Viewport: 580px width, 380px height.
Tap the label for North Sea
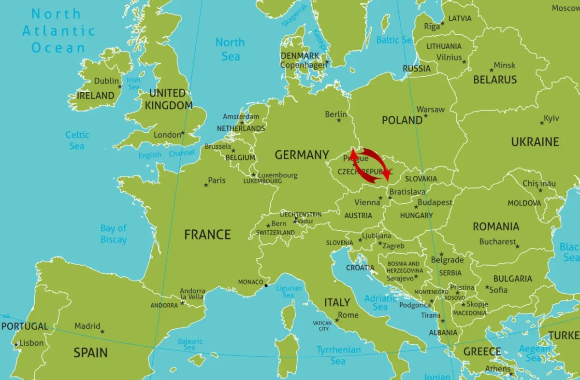coord(230,49)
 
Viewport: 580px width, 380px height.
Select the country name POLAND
coord(402,120)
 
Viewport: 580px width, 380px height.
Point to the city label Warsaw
coord(430,110)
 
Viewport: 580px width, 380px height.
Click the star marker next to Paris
coord(206,185)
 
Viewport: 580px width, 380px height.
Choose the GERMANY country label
coord(302,155)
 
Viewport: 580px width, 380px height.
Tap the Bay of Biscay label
coord(114,234)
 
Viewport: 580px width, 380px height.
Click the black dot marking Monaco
coord(266,285)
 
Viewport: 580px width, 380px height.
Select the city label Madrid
coord(87,326)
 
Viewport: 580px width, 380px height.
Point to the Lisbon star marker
coord(16,345)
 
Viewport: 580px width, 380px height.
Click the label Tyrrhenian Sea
coord(338,355)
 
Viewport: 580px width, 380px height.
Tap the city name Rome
coord(348,315)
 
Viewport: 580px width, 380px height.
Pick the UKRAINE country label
coord(535,142)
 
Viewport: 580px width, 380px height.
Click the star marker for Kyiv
coord(542,123)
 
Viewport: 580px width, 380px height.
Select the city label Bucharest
coord(497,241)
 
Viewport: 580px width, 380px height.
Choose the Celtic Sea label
coord(77,141)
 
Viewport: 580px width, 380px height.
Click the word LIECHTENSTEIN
coord(301,214)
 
